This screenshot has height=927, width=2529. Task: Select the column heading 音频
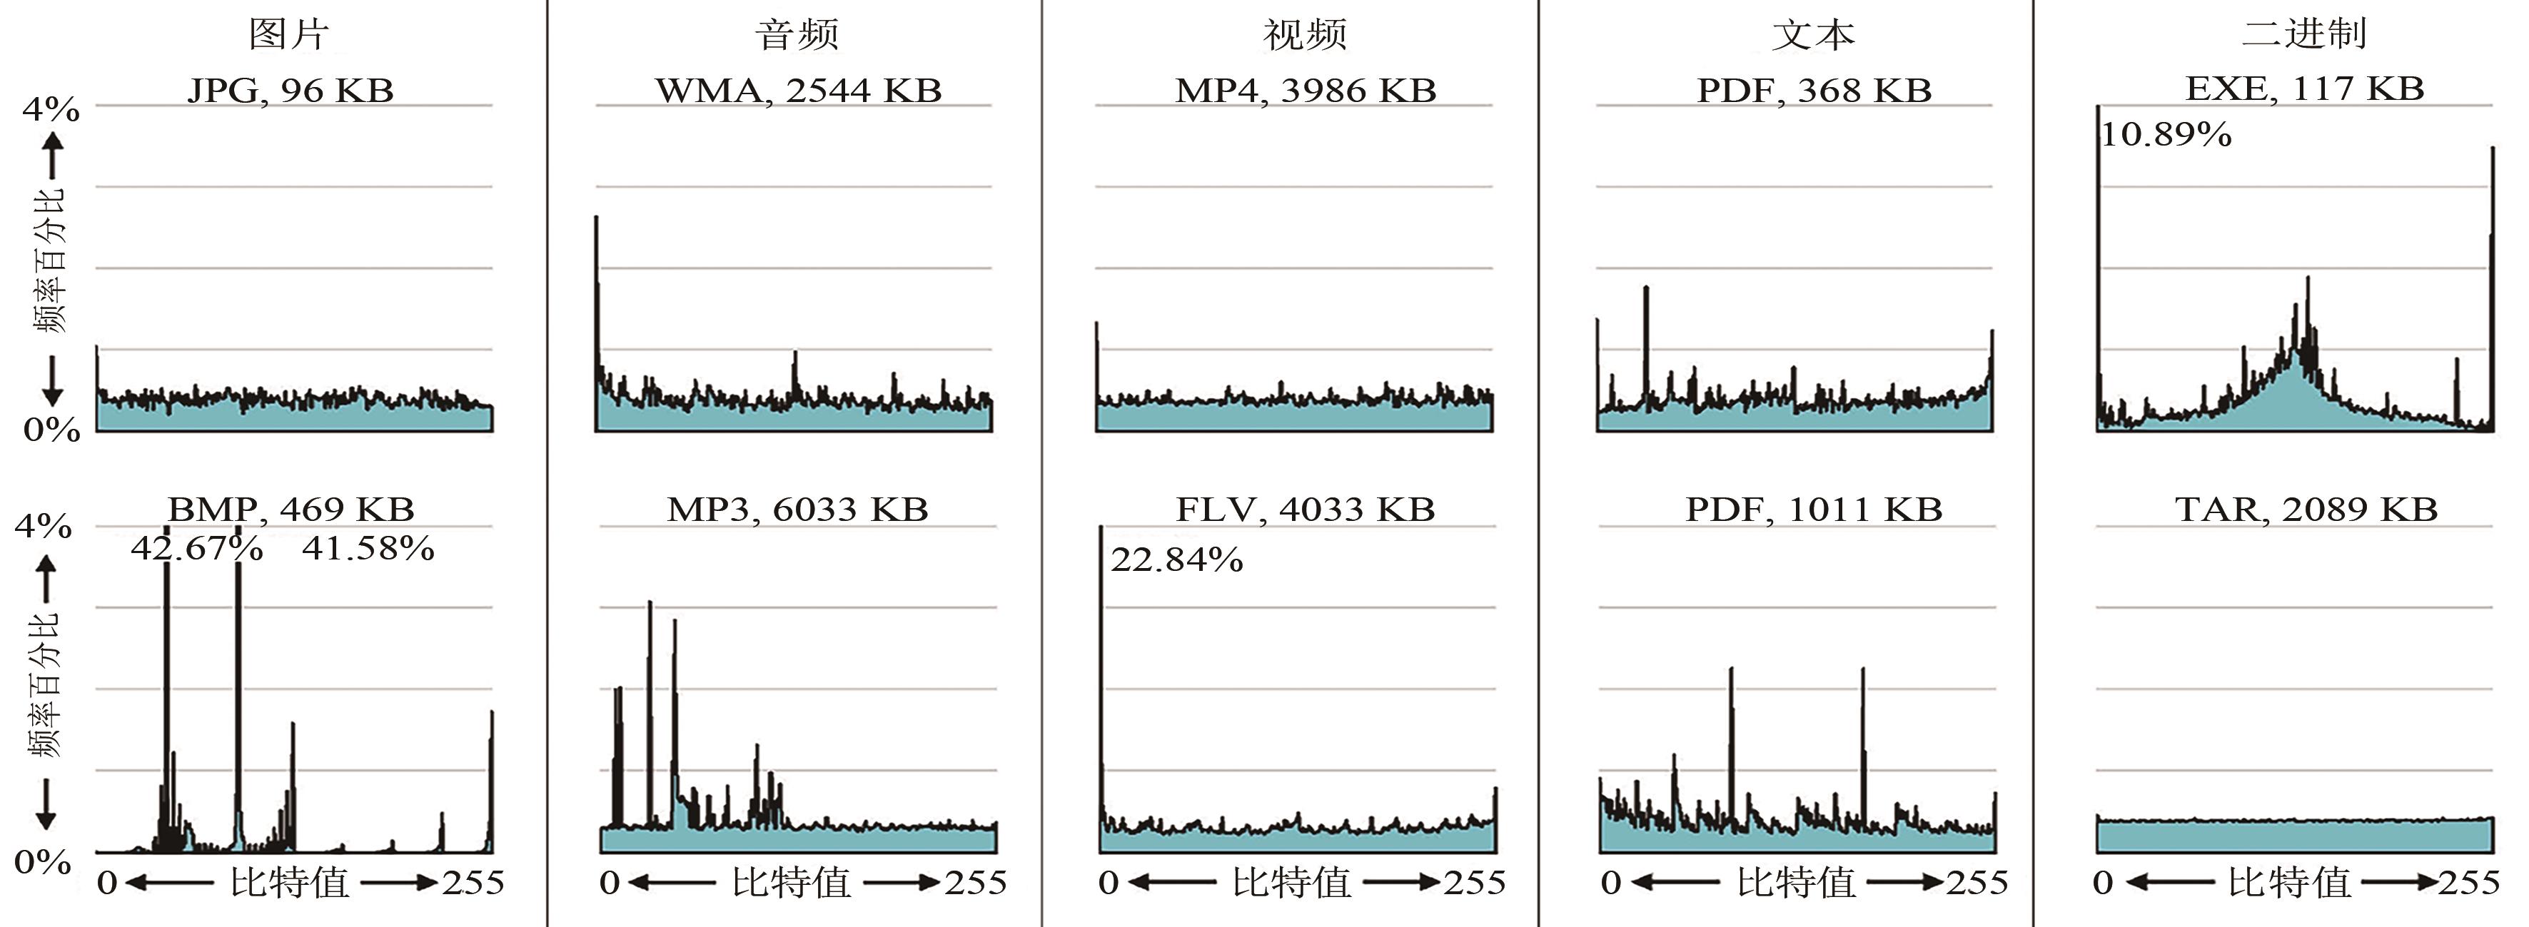797,34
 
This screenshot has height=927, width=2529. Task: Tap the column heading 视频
1305,34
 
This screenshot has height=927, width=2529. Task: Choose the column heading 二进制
2303,34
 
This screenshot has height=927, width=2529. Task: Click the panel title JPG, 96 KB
291,91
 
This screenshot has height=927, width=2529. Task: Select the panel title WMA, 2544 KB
798,91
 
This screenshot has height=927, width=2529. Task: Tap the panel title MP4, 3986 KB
1306,91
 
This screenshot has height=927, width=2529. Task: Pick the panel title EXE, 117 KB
2304,88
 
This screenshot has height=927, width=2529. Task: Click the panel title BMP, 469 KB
291,509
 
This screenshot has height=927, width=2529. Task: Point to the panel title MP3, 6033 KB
797,509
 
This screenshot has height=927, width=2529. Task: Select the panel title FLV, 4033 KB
1305,509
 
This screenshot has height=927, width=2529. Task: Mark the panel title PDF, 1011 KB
1813,509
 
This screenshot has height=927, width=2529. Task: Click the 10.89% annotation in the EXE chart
2166,133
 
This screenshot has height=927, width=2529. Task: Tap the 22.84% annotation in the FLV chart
1176,559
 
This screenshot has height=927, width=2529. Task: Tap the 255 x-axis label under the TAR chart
2469,883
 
